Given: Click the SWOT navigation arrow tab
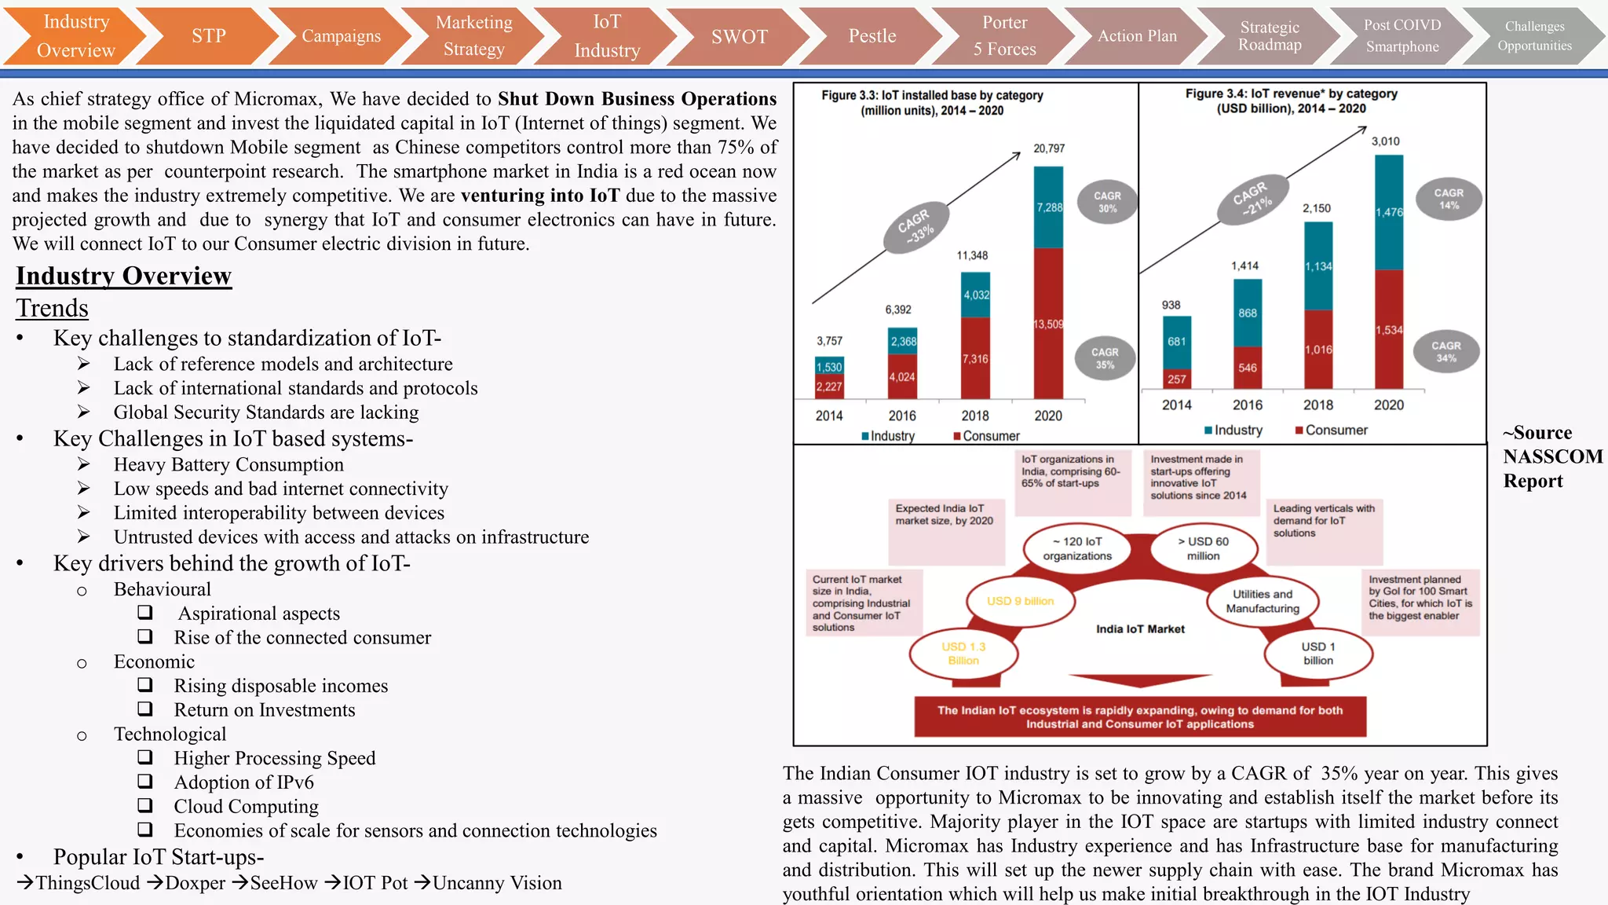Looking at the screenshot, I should [739, 36].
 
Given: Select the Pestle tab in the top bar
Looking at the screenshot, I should [872, 36].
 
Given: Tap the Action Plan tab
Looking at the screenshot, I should [1136, 36].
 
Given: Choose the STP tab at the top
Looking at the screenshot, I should [208, 36].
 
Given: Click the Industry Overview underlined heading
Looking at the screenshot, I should [123, 276].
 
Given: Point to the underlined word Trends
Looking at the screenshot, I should [52, 308].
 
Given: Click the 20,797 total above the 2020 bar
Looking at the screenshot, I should [1049, 148].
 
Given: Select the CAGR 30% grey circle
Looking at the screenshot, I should [1107, 202].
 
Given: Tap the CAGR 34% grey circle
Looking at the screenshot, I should [1445, 351].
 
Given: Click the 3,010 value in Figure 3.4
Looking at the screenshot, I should [1385, 141].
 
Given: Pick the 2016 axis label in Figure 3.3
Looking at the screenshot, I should [902, 416].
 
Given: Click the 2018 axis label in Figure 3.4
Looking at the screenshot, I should [1317, 405].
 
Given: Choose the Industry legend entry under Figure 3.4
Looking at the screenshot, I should [1233, 430].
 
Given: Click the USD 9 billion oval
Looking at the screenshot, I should [1020, 601].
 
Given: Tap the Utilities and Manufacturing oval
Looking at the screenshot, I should [1262, 601].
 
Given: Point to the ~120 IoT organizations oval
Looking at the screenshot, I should [1076, 548].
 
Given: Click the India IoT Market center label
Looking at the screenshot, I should [1140, 628].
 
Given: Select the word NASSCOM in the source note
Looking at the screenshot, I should [1552, 456].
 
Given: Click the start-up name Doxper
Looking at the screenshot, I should [195, 883].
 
